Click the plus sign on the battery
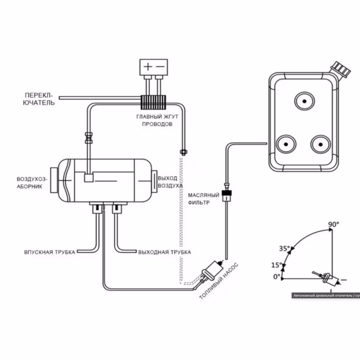[x=148, y=67]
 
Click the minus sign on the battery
[x=160, y=67]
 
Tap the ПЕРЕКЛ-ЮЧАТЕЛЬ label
[x=39, y=99]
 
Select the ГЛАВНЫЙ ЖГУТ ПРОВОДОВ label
[x=157, y=120]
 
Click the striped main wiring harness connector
[x=153, y=103]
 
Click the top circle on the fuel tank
[x=305, y=101]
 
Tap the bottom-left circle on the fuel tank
[x=286, y=144]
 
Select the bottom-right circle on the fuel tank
[x=321, y=144]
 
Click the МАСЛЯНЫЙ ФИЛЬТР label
[x=204, y=199]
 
